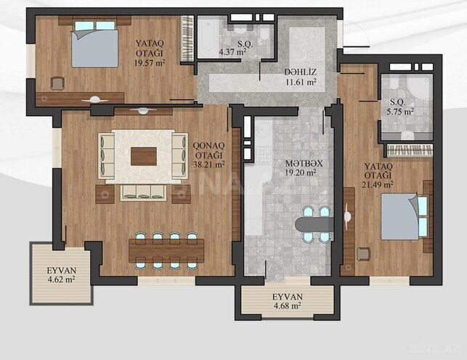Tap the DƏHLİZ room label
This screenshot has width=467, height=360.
tap(300, 73)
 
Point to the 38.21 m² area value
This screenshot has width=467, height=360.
tap(208, 164)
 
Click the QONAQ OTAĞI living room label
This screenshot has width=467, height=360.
tap(208, 148)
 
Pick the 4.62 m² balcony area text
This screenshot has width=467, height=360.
tap(61, 279)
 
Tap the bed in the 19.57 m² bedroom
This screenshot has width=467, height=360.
tap(94, 44)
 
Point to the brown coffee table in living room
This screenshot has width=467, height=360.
tap(142, 156)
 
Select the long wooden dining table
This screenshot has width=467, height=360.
tap(163, 250)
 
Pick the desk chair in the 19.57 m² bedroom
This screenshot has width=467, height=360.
tap(57, 83)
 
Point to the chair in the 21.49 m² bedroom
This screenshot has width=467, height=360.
tap(363, 254)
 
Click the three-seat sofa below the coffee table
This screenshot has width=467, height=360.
tap(142, 192)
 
